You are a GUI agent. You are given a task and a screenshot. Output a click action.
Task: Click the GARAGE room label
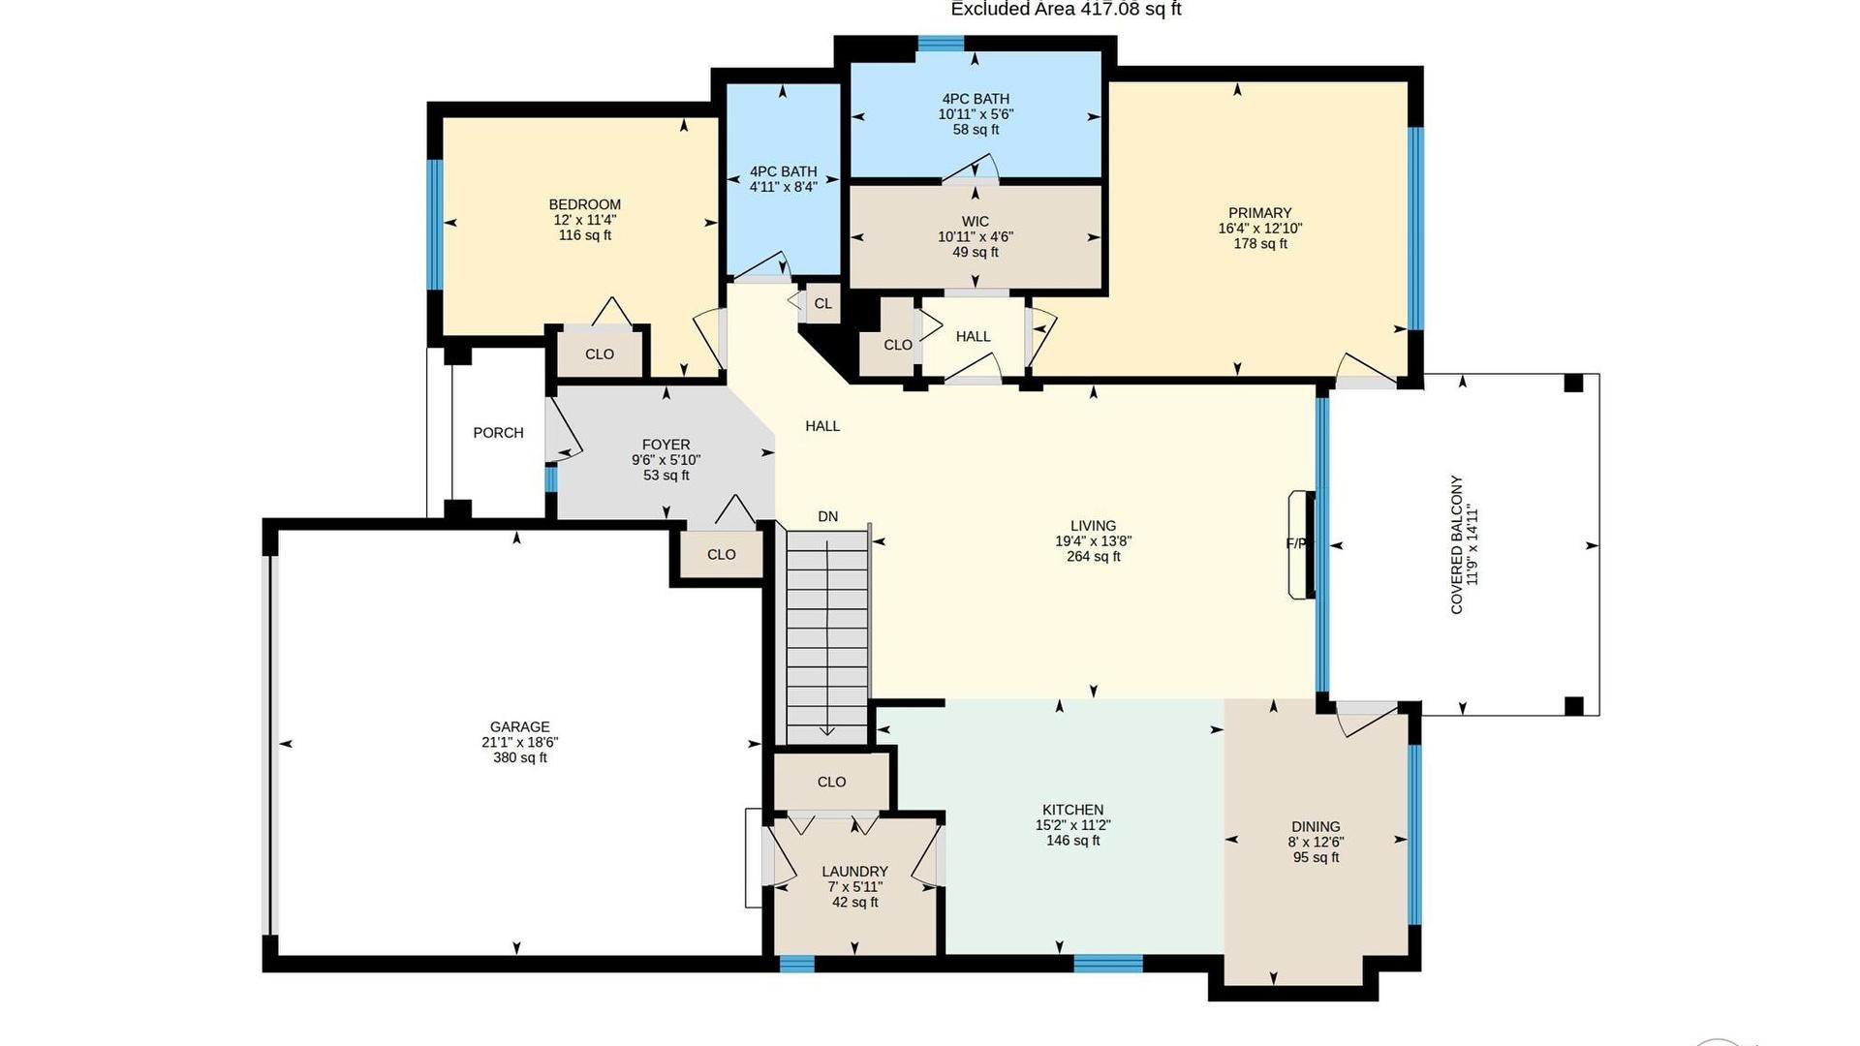tap(520, 727)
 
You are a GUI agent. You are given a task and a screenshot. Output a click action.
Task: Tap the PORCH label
tap(498, 433)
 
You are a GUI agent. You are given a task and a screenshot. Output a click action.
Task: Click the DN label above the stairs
tap(827, 517)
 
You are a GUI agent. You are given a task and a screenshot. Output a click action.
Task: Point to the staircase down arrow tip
tap(827, 735)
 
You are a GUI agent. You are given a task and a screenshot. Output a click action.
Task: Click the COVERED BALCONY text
tap(1456, 544)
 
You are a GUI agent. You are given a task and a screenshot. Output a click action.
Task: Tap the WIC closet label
tap(976, 222)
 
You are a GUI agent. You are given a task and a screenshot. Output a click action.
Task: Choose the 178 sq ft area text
tap(1260, 244)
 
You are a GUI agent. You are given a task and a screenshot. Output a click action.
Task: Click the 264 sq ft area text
tap(1094, 557)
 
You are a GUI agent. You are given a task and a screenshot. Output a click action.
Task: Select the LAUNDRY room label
tap(854, 872)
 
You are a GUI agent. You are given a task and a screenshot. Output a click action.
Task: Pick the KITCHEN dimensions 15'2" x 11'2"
tap(1073, 825)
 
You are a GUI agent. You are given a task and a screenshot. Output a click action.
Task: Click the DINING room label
tap(1316, 827)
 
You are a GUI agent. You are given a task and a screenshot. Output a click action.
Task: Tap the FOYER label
tap(666, 446)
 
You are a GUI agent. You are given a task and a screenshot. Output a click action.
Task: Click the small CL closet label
tap(822, 304)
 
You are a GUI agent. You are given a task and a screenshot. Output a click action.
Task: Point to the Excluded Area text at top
tap(1066, 10)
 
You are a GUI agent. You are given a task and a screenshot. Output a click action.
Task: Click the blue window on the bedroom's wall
tap(435, 225)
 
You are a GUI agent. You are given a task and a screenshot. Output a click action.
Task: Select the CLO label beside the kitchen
tap(831, 782)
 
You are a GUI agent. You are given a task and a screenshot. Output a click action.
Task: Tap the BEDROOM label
tap(585, 204)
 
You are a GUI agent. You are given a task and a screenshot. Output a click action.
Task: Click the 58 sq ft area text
tap(976, 130)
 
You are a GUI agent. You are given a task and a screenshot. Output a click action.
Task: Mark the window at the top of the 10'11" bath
tap(941, 43)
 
